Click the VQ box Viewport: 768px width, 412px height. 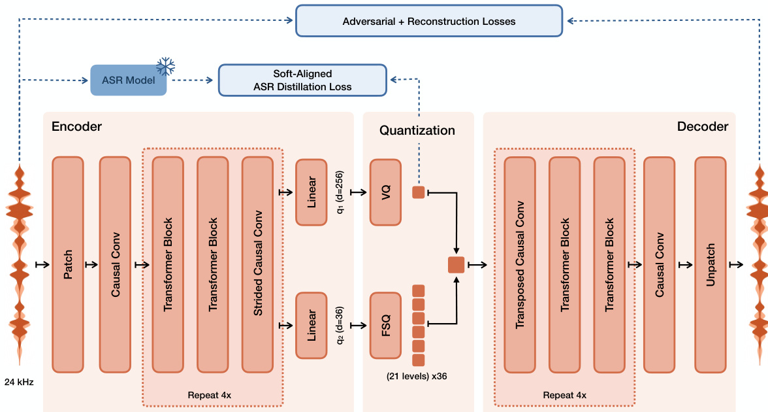coord(386,192)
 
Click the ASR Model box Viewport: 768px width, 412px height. coord(128,80)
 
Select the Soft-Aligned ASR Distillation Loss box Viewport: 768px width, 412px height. coord(303,80)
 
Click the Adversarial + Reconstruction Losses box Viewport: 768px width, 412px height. coord(429,21)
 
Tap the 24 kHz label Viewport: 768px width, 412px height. coord(20,381)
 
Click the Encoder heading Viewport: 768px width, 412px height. coord(76,126)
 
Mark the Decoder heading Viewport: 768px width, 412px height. coord(703,126)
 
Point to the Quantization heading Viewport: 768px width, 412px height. coord(417,130)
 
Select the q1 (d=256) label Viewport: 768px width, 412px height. coord(340,192)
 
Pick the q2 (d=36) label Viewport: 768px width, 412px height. coord(340,325)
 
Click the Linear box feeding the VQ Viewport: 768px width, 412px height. coord(311,192)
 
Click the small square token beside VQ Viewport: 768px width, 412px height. coord(419,192)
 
